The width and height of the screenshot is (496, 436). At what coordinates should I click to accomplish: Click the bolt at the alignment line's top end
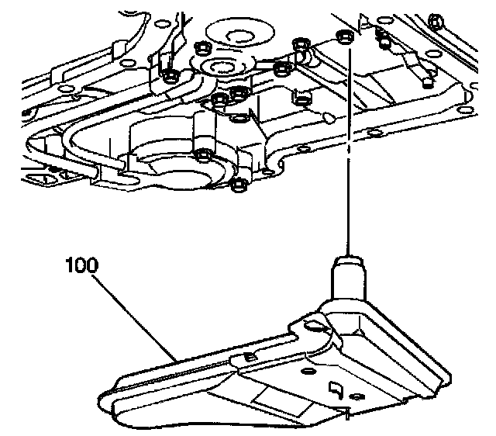click(343, 38)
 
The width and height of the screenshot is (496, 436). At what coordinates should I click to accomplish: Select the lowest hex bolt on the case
click(239, 185)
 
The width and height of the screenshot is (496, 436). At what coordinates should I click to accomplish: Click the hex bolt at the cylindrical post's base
click(203, 153)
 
